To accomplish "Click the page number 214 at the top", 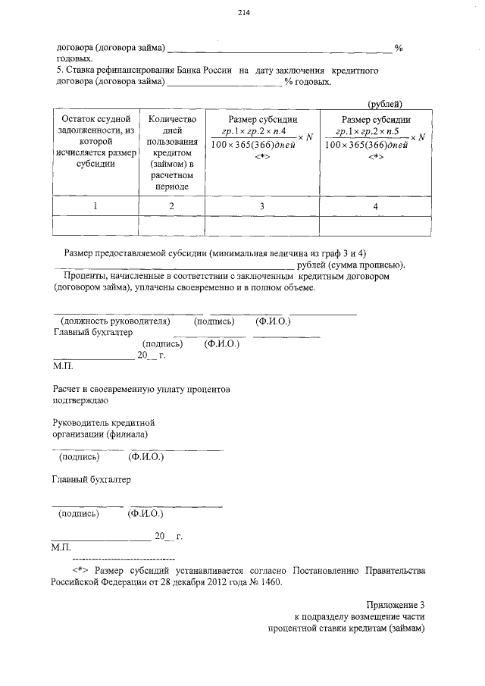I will (x=242, y=13).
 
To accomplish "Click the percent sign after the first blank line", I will (x=399, y=48).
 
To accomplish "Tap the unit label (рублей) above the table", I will (x=384, y=103).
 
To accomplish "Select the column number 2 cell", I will (x=172, y=205).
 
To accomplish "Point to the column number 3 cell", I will (x=262, y=205).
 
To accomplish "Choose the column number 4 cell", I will (x=375, y=205).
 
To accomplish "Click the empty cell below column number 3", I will (x=262, y=226).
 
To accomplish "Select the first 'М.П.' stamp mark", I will (x=62, y=365).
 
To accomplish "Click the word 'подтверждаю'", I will (x=80, y=399).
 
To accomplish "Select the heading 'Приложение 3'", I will (x=396, y=605).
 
